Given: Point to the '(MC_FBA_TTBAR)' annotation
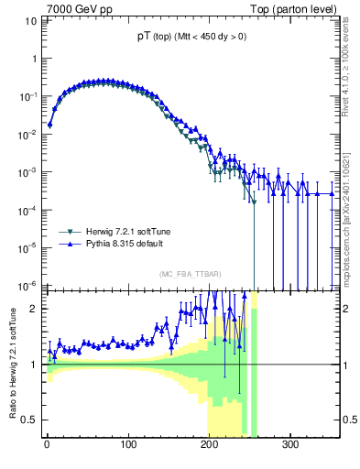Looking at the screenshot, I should [x=188, y=275].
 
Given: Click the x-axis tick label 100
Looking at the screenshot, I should [x=128, y=445].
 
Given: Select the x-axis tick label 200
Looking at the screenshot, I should [x=210, y=445].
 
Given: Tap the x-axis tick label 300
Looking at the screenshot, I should [x=291, y=445].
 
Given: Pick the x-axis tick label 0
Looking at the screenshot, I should [x=47, y=445].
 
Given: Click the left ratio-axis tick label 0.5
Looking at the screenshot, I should [x=29, y=420].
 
